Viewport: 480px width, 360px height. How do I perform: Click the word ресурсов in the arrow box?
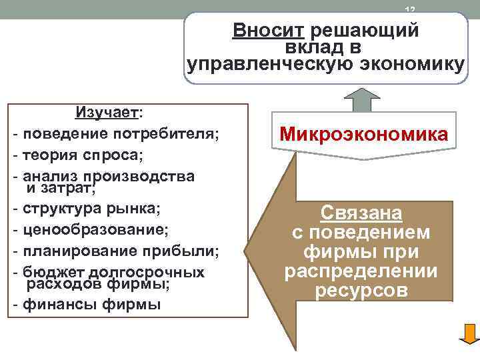(361, 291)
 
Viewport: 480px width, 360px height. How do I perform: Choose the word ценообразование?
(95, 230)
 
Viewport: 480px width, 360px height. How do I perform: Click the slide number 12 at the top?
(409, 9)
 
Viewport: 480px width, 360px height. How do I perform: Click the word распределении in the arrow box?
(361, 272)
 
